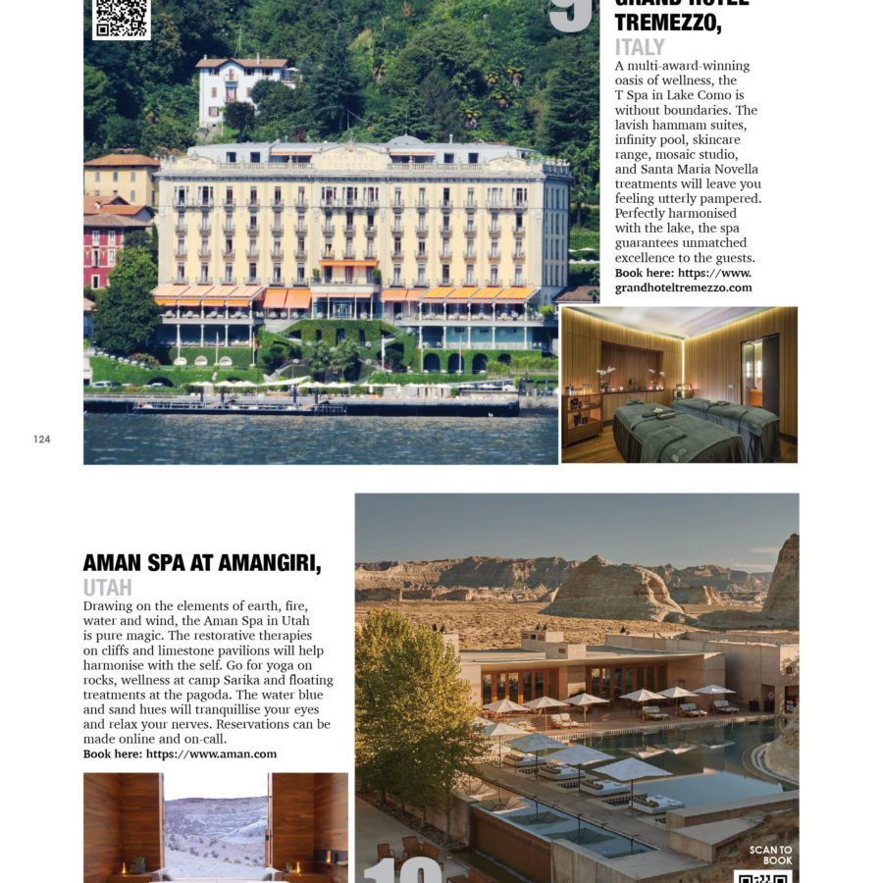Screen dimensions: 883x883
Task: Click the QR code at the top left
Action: point(121,18)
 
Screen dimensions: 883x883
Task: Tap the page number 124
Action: point(41,439)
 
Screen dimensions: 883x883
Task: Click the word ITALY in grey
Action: point(640,47)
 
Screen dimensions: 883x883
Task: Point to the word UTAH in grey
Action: point(108,588)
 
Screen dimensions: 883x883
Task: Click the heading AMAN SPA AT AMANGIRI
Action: point(202,563)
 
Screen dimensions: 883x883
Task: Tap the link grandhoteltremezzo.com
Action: point(683,287)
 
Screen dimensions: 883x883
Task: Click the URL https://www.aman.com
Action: point(211,753)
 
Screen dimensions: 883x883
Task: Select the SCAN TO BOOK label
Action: point(770,855)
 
